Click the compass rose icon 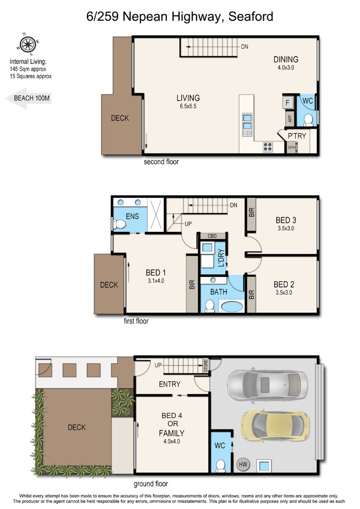[28, 44]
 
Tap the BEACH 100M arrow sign [28, 99]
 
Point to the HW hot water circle [243, 464]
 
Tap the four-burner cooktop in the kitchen [268, 147]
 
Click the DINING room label [286, 59]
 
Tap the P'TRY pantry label [297, 136]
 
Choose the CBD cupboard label [212, 236]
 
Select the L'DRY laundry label [221, 258]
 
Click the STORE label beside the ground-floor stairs [206, 365]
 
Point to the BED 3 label [286, 220]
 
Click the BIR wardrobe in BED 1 [192, 284]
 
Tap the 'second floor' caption [162, 162]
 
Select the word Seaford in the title [251, 16]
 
